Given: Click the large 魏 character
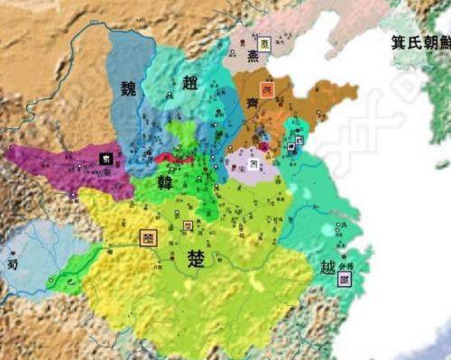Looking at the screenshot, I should [x=127, y=88].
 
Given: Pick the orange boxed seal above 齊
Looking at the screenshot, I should [x=265, y=91].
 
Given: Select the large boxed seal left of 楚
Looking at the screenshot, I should [x=149, y=237].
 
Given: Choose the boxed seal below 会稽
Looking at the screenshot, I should [x=344, y=280].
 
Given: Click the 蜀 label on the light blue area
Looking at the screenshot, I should [x=12, y=263].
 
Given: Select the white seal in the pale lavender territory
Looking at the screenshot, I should [x=255, y=164].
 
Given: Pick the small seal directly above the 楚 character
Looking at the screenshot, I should [x=187, y=225].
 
